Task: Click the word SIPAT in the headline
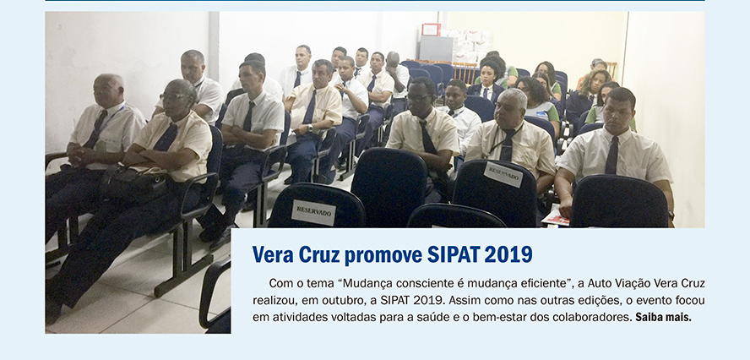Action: click(453, 254)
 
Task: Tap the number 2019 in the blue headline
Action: click(508, 254)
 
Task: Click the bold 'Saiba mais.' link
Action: click(663, 317)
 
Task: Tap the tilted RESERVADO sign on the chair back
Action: click(503, 174)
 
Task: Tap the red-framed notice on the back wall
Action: click(431, 30)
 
